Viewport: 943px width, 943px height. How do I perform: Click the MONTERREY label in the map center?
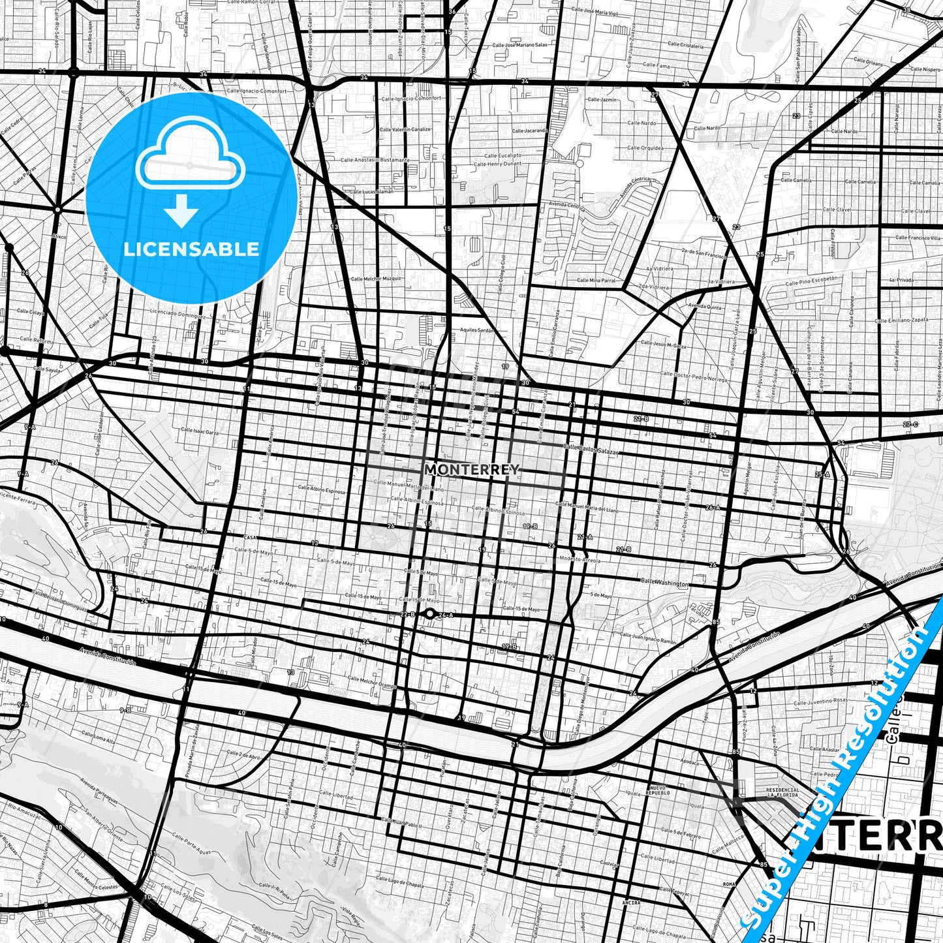pyautogui.click(x=472, y=469)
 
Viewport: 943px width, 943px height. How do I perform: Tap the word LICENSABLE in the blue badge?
pyautogui.click(x=191, y=249)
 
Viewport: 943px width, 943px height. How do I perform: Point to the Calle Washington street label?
pyautogui.click(x=664, y=582)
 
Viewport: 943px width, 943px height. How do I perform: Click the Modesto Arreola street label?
pyautogui.click(x=580, y=559)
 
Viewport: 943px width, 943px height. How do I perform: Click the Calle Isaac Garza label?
pyautogui.click(x=200, y=431)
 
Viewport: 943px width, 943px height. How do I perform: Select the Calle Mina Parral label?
pyautogui.click(x=596, y=280)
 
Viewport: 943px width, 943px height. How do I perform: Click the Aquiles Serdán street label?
pyautogui.click(x=477, y=330)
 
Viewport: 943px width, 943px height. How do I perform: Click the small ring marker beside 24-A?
pyautogui.click(x=429, y=613)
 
